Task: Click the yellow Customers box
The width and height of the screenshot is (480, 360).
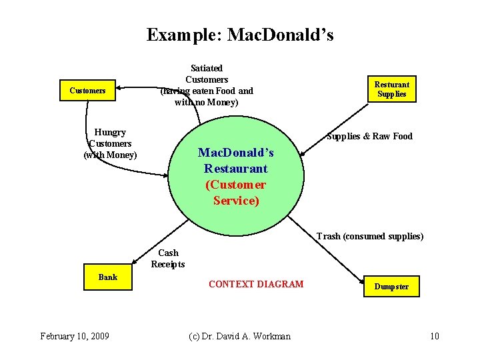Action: (x=87, y=90)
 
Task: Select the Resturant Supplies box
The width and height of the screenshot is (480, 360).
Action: (x=391, y=89)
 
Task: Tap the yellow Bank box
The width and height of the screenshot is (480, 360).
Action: (x=107, y=277)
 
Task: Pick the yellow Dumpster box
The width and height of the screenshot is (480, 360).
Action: (x=391, y=287)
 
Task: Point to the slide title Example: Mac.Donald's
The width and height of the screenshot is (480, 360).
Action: (x=240, y=34)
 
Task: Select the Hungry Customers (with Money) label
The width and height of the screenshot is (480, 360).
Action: (x=111, y=143)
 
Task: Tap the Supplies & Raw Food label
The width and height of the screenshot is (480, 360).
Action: (x=369, y=136)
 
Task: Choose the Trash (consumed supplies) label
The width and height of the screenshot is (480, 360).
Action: (x=369, y=236)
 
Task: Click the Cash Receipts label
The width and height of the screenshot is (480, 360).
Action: (x=168, y=258)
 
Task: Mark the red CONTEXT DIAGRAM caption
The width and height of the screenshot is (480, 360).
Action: (x=255, y=284)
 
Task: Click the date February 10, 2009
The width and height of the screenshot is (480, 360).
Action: (x=75, y=335)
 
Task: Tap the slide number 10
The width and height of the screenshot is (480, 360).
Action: (x=435, y=335)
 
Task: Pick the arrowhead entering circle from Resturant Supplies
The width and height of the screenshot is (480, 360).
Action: (x=302, y=155)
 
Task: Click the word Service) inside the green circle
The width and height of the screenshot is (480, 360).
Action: (x=236, y=200)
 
